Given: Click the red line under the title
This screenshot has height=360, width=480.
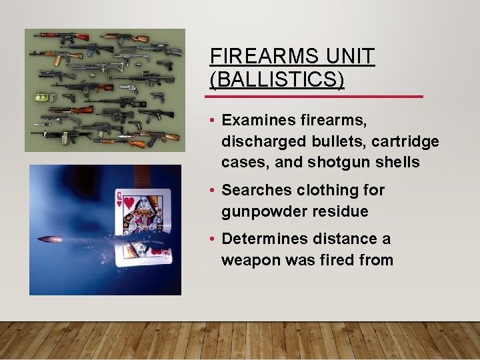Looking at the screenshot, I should tap(316, 97).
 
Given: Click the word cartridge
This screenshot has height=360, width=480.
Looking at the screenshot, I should tap(406, 141).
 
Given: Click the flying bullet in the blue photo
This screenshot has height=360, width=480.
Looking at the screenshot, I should tap(49, 239).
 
